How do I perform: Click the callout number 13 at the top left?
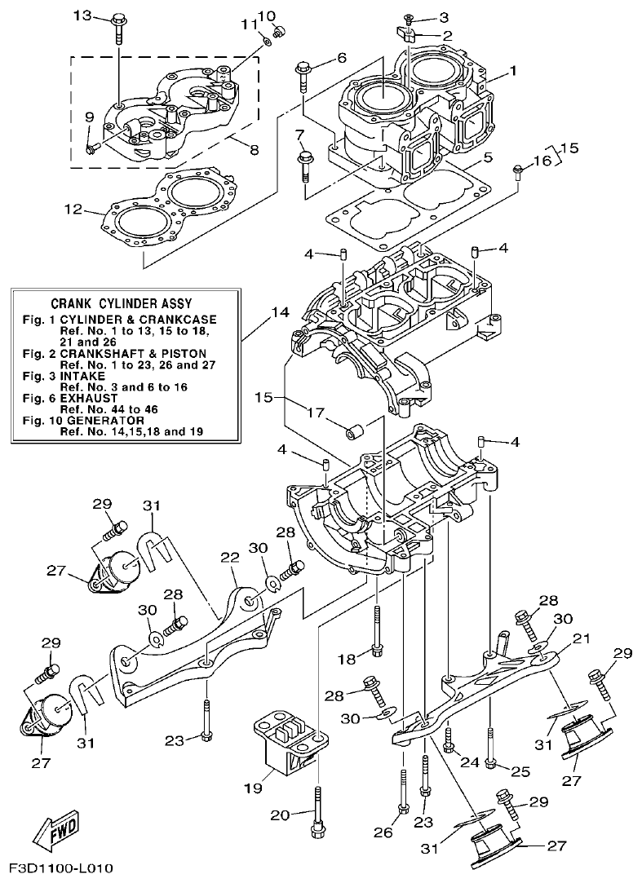point(83,15)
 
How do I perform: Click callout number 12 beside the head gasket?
point(73,210)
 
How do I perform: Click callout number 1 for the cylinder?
point(513,71)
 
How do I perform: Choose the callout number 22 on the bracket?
point(230,556)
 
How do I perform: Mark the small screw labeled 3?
point(410,18)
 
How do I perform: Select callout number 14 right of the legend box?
point(280,311)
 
